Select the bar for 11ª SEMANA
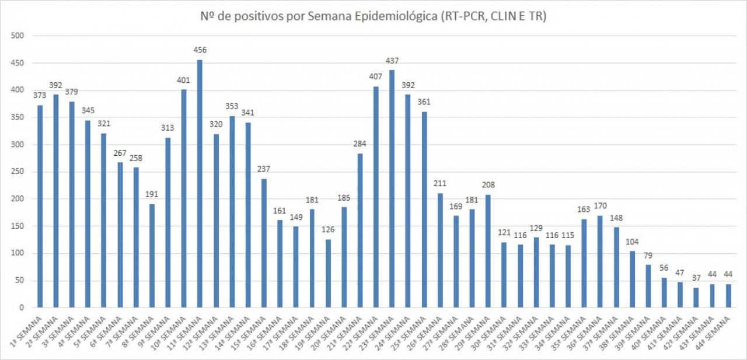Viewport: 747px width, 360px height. point(200,184)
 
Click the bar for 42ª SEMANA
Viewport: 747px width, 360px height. point(696,298)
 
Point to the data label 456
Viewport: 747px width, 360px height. point(200,50)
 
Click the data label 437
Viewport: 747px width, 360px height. point(392,61)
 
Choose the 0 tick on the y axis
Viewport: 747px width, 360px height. point(21,308)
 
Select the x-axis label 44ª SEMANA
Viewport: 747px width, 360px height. point(716,332)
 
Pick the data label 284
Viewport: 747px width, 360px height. point(360,144)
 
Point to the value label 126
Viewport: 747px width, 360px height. point(328,230)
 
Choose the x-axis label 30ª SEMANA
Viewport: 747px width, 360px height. point(493,332)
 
